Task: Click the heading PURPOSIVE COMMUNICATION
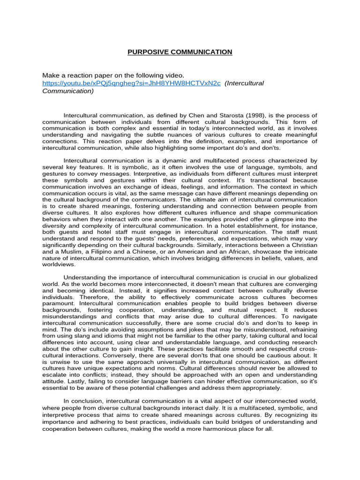[x=180, y=52]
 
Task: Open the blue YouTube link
[x=131, y=83]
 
